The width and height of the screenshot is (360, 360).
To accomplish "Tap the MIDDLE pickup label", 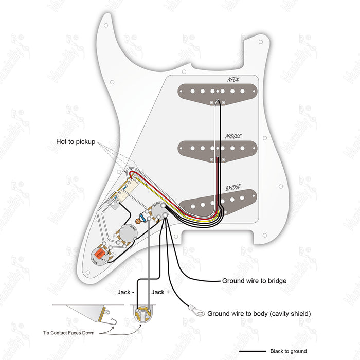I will pyautogui.click(x=233, y=136).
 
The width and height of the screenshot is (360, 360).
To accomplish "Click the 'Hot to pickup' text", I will pyautogui.click(x=76, y=141).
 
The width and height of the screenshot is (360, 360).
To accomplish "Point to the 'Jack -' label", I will pyautogui.click(x=125, y=292).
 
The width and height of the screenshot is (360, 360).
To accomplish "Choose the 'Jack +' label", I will pyautogui.click(x=158, y=292).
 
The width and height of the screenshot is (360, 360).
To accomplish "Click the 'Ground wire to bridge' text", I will pyautogui.click(x=254, y=281).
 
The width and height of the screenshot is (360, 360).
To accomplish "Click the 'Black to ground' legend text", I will pyautogui.click(x=288, y=351).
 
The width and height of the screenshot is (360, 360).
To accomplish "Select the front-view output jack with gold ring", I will pyautogui.click(x=142, y=312).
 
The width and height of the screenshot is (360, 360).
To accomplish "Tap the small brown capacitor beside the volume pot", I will pyautogui.click(x=139, y=221).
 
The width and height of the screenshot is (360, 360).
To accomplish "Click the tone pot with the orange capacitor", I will pyautogui.click(x=98, y=255).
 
